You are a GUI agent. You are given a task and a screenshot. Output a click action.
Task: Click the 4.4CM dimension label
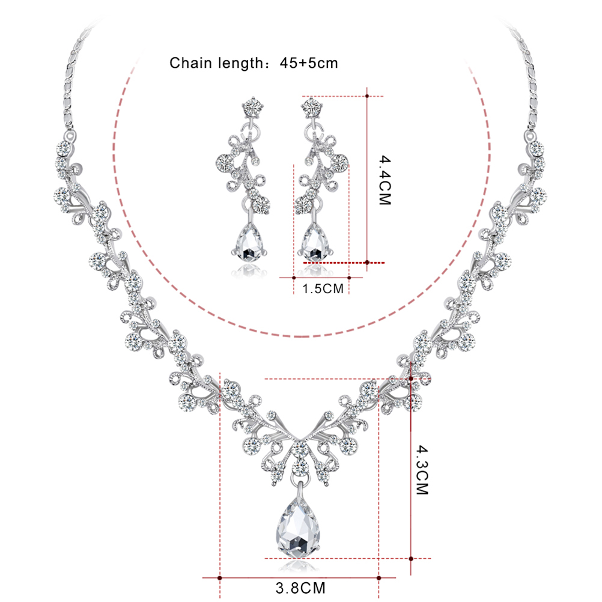click(385, 180)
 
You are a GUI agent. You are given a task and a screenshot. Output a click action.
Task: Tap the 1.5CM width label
click(323, 289)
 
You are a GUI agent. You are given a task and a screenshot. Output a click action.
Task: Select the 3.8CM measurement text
click(300, 588)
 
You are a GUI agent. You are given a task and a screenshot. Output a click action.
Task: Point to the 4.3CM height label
click(422, 470)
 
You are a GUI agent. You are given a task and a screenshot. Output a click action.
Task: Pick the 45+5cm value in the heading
click(309, 63)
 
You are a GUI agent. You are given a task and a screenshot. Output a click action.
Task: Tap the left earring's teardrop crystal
click(249, 242)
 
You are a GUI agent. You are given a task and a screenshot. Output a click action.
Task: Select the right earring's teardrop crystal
click(315, 243)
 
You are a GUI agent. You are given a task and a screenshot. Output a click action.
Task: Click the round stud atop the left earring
click(253, 107)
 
